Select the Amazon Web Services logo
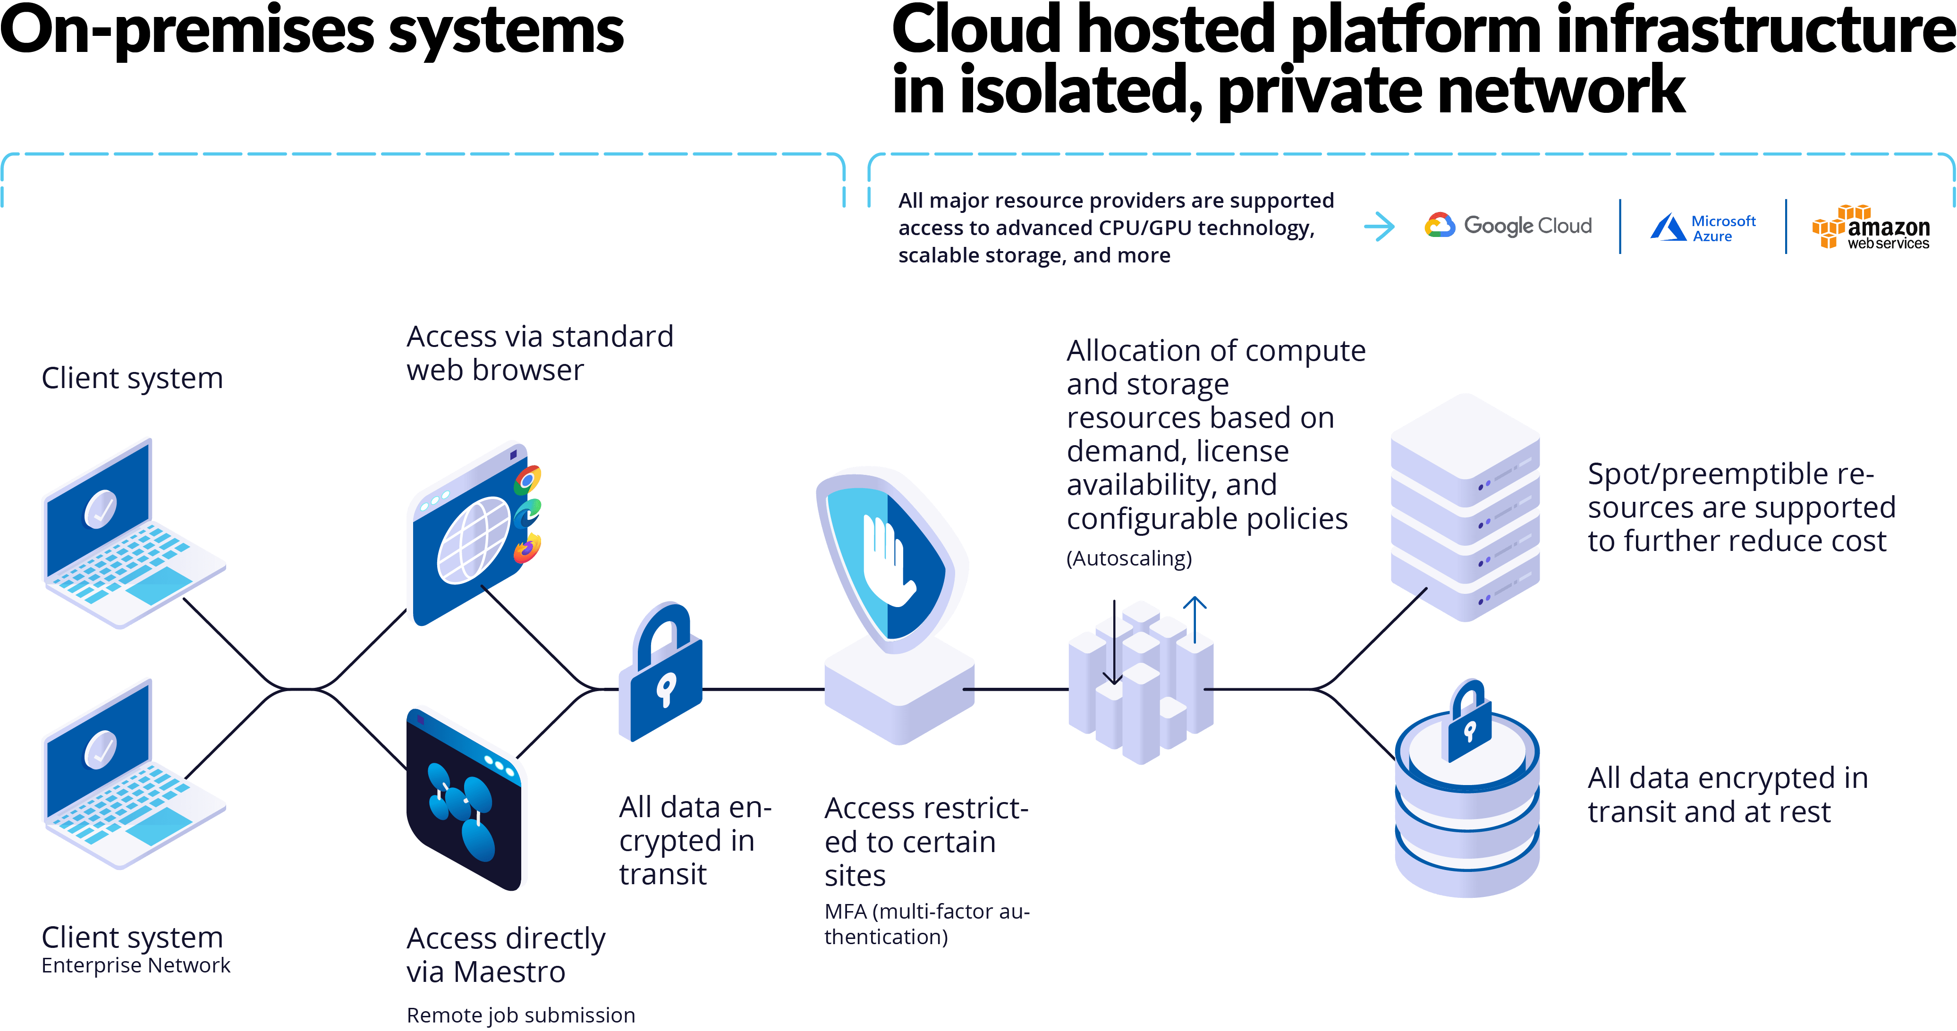point(1871,227)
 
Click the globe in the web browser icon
point(474,540)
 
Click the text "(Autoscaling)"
point(1129,558)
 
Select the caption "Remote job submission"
point(520,1015)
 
